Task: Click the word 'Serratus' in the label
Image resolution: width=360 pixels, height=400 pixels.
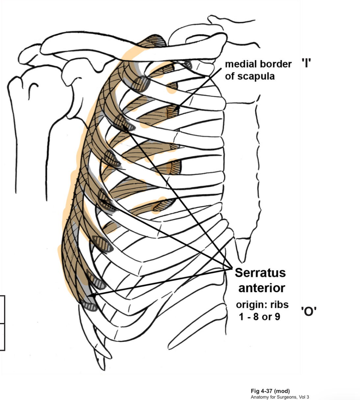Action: tap(260, 273)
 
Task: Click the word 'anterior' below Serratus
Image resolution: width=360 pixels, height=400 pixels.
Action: tap(262, 288)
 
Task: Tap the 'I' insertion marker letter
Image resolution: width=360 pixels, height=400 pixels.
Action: tap(306, 63)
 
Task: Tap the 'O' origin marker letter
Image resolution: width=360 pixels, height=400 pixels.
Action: tap(308, 311)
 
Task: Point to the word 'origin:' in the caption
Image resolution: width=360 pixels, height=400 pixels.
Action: tap(252, 305)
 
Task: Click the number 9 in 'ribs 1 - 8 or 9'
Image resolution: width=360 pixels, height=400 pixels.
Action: tap(277, 317)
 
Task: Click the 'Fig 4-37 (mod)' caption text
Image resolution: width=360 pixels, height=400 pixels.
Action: tap(270, 391)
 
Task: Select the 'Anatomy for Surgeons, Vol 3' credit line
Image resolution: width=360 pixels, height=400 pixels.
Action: tap(280, 397)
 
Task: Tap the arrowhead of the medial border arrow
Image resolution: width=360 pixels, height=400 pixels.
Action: tap(176, 110)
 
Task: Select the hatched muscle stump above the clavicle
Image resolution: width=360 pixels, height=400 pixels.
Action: tap(157, 41)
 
